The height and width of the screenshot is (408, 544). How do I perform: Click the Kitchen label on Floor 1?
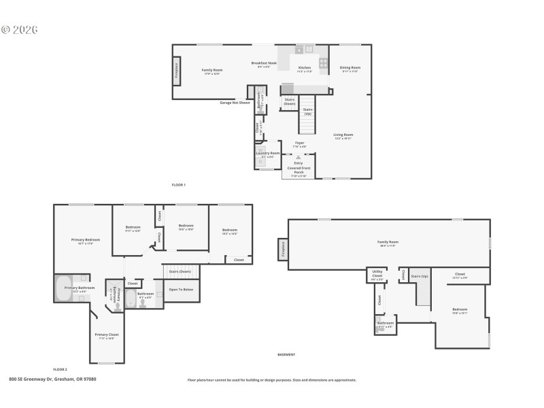[305, 67]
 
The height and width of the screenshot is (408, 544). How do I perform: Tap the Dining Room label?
[350, 67]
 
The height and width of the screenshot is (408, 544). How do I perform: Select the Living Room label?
[343, 135]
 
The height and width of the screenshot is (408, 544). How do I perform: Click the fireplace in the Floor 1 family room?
[177, 70]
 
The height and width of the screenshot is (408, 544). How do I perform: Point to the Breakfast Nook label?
[264, 63]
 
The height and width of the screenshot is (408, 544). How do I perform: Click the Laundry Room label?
[268, 153]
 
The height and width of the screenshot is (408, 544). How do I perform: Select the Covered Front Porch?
[298, 170]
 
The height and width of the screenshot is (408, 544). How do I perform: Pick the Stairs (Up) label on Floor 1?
[307, 111]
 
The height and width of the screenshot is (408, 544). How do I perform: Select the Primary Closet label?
[107, 335]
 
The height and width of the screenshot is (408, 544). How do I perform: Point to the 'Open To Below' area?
[181, 289]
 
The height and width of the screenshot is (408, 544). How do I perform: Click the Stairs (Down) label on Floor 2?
[180, 271]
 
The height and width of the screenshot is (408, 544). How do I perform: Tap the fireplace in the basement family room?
[283, 250]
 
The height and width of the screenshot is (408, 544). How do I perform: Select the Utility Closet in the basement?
[377, 275]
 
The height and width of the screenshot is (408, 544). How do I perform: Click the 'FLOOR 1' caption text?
[178, 185]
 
